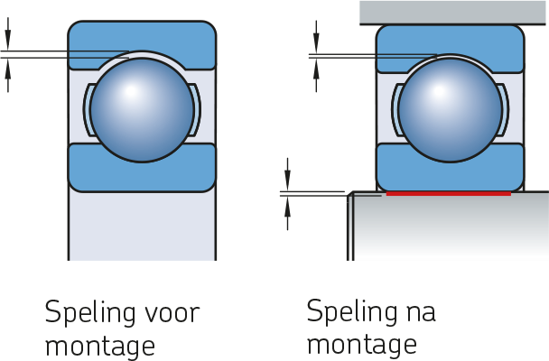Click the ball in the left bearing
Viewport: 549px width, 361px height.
(x=142, y=110)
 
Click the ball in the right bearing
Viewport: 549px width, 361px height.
(x=450, y=110)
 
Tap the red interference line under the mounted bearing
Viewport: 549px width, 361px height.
(x=449, y=193)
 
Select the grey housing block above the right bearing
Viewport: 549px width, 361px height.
(x=454, y=13)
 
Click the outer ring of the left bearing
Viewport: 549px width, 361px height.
(x=142, y=35)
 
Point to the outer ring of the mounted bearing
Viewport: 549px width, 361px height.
(x=450, y=38)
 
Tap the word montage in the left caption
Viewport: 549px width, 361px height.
(x=100, y=347)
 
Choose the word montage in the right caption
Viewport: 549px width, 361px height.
(x=362, y=346)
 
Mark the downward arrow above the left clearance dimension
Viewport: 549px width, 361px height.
(x=8, y=34)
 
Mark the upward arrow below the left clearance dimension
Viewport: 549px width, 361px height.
(x=8, y=75)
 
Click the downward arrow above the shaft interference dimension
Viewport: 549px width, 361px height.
(x=287, y=174)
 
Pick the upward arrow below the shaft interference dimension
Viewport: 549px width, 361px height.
(x=287, y=213)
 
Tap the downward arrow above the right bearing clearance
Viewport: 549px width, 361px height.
(x=316, y=37)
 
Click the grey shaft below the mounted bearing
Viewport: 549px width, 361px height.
(x=448, y=227)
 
